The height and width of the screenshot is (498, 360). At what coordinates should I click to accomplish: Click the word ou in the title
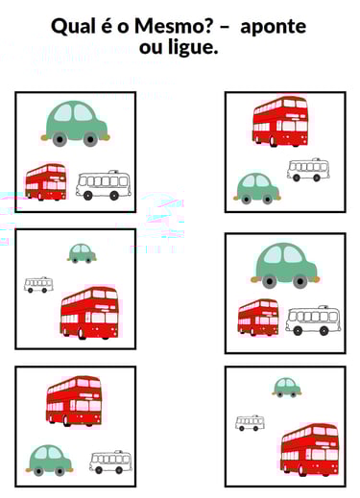(x=151, y=49)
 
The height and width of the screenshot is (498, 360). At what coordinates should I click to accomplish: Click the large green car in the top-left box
(x=76, y=124)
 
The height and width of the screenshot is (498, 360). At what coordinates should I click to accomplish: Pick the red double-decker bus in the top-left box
(x=46, y=182)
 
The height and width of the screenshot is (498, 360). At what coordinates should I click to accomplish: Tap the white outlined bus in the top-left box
(x=104, y=185)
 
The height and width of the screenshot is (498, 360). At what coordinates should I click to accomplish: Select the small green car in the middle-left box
(x=82, y=253)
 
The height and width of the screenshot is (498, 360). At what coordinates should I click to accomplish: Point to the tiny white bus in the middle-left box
(x=38, y=285)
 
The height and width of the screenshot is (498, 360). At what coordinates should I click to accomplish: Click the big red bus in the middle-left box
(x=89, y=313)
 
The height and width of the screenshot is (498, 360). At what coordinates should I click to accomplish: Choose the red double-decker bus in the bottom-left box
(x=74, y=401)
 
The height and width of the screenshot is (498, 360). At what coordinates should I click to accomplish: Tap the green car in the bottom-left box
(x=50, y=461)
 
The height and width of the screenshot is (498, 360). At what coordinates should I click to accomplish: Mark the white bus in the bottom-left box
(x=110, y=462)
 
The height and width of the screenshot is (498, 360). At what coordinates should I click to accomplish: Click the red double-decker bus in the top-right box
(x=280, y=122)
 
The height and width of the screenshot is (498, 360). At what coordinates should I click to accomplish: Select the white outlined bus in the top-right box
(x=308, y=170)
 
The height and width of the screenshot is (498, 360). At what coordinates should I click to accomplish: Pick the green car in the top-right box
(x=257, y=188)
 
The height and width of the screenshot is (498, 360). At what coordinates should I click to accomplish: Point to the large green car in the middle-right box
(x=285, y=266)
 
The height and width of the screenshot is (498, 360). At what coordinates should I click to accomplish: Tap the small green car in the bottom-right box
(x=287, y=388)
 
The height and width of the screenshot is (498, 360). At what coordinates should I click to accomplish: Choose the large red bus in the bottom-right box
(x=309, y=450)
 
